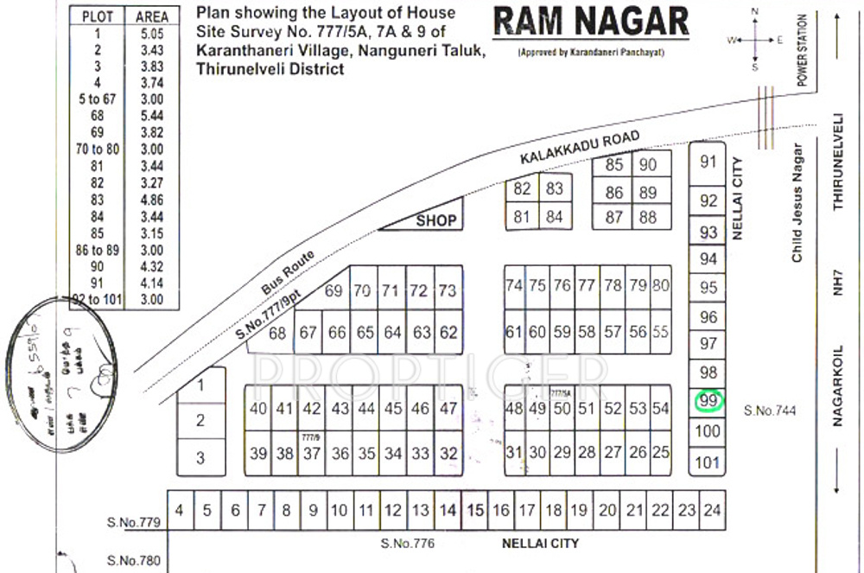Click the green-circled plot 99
[x=708, y=401]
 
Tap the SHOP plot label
[x=435, y=220]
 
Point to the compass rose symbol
[x=755, y=39]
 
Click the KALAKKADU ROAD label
[x=581, y=149]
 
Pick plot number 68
[x=277, y=334]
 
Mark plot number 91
[x=708, y=162]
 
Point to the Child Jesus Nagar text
[x=797, y=204]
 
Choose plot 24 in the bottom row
[x=711, y=511]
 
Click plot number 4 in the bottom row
[x=179, y=510]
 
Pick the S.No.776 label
[x=407, y=544]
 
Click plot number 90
[x=648, y=165]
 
